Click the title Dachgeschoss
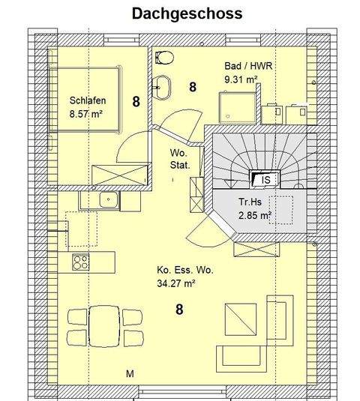187,13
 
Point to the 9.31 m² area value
241,78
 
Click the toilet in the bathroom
164,58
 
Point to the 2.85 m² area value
254,216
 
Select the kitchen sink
109,199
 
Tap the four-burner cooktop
80,262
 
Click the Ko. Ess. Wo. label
184,271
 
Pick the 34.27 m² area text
178,283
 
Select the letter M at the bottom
129,373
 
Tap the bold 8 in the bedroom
136,102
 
